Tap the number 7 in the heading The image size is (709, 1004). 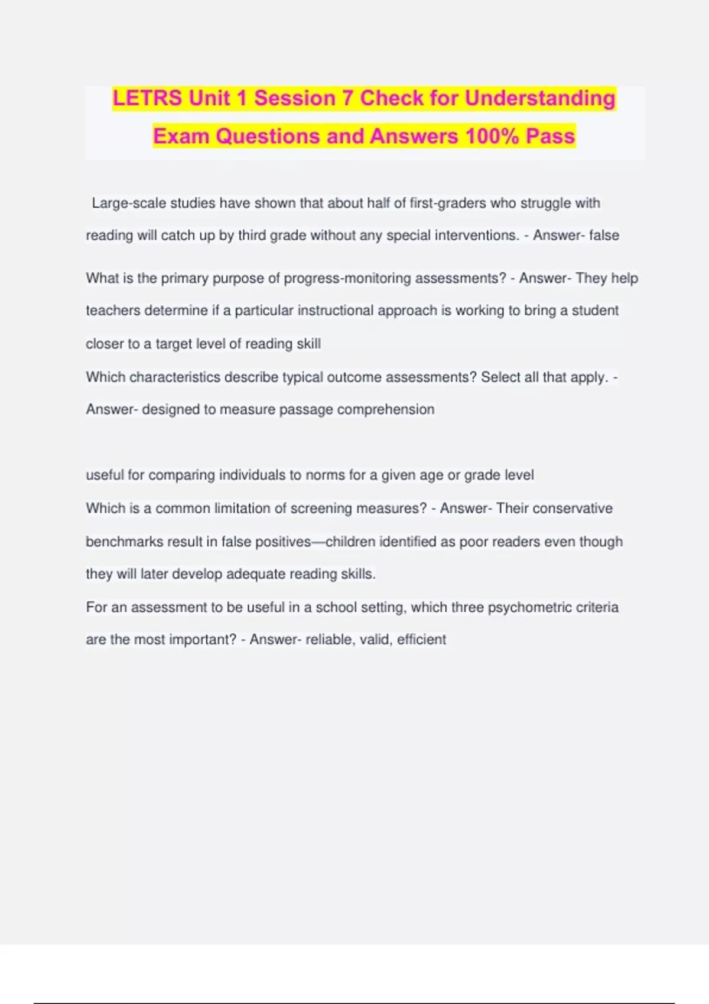pyautogui.click(x=347, y=98)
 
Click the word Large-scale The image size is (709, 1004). pyautogui.click(x=129, y=203)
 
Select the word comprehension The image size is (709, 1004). pyautogui.click(x=385, y=410)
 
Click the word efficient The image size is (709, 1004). pyautogui.click(x=421, y=640)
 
